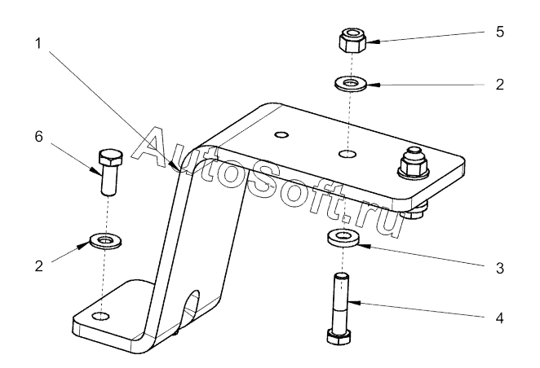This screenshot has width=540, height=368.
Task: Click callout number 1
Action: (38, 44)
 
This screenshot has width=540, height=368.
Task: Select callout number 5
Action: (500, 32)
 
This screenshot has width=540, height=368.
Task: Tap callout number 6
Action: (38, 137)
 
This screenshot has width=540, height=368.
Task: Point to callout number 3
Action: (500, 268)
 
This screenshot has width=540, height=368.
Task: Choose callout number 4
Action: (500, 318)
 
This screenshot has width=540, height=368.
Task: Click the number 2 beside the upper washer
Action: (500, 84)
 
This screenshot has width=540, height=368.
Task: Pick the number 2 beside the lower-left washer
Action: (39, 266)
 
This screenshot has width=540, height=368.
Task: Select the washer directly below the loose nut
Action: (351, 84)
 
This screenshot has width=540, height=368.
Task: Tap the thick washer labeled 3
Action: (342, 238)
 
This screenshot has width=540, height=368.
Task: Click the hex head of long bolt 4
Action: (339, 336)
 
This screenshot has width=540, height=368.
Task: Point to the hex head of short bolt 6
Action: (110, 157)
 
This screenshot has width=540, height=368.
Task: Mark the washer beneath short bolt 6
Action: (105, 240)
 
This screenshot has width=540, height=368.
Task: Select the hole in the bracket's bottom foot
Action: (101, 316)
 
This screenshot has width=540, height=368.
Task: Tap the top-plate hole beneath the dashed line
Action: (347, 153)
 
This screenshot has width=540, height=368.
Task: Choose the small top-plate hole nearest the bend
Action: (281, 134)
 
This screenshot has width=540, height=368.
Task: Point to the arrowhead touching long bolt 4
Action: (355, 303)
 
